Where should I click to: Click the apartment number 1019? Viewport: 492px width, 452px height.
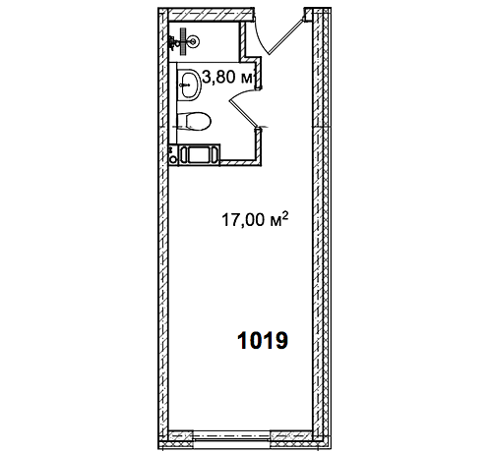[x=263, y=341]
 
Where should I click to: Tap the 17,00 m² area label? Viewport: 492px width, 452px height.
[x=255, y=219]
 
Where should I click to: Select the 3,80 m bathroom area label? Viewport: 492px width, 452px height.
[x=227, y=78]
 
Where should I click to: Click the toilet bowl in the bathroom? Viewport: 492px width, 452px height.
[x=194, y=121]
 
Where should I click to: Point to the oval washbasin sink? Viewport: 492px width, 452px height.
[x=190, y=85]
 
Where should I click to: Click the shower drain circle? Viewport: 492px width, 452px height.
[x=193, y=41]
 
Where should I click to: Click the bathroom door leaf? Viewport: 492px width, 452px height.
[x=243, y=113]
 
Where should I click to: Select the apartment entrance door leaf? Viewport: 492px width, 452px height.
[x=285, y=36]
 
